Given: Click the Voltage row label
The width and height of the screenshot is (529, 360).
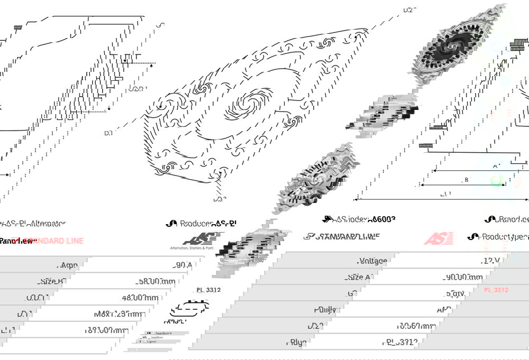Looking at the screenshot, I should pos(372,261).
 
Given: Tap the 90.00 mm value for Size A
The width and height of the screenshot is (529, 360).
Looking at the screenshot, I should pos(463,276).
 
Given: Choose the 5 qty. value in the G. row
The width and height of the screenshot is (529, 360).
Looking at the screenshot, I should pos(455,293).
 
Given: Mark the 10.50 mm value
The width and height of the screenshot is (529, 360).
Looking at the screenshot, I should pos(416,326).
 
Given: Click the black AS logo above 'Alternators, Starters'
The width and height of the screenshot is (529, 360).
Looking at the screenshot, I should pos(198,238).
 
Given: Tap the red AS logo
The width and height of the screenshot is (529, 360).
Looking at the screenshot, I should pos(438,238).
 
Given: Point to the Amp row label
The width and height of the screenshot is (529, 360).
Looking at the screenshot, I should pos(69,265).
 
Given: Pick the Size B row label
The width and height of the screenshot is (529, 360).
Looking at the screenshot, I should pos(51,281).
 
